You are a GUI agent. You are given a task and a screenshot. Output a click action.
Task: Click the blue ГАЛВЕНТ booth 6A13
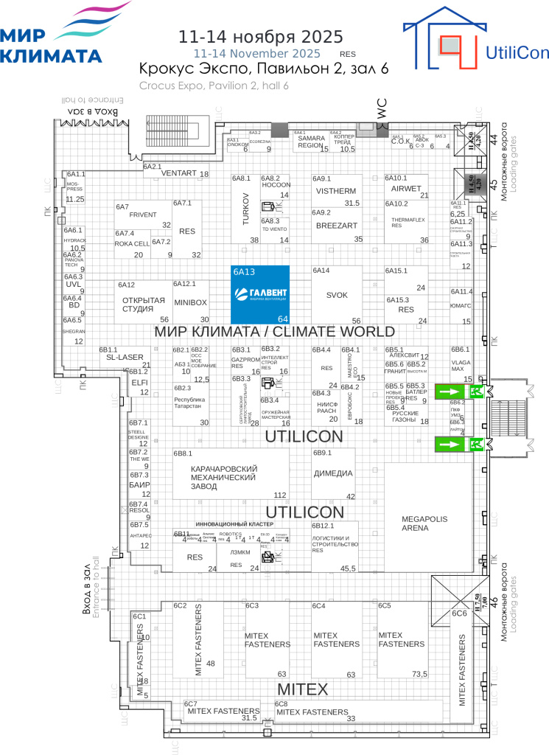259,294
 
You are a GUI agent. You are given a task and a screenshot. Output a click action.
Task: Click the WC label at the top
381,108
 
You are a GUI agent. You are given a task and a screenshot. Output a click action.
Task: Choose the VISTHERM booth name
336,191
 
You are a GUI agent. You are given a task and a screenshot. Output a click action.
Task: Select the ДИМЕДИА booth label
333,473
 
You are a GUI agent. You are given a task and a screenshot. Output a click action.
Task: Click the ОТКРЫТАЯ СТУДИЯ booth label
143,304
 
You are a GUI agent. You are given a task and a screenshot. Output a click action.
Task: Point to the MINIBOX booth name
190,302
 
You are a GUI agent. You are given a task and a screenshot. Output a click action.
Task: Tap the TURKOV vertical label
245,209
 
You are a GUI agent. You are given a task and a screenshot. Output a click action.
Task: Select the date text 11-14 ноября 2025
262,37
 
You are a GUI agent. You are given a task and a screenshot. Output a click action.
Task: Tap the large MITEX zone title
301,689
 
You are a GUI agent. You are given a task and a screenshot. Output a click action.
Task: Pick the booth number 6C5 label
385,605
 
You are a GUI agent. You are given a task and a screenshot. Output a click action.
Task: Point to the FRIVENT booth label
143,215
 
